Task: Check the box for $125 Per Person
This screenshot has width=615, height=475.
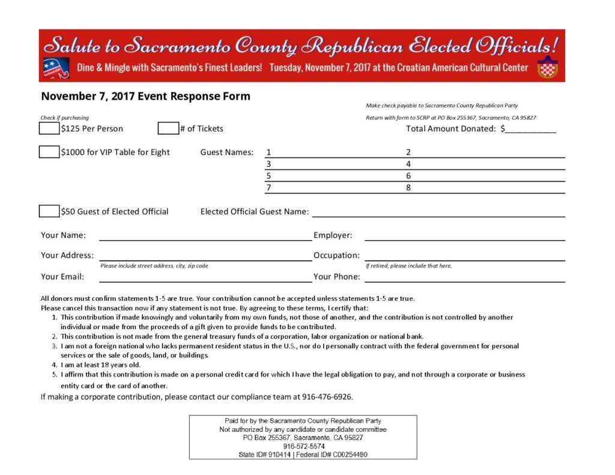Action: (49, 128)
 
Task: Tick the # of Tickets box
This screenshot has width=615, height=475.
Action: (168, 128)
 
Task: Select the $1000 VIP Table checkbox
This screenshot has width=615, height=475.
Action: (49, 152)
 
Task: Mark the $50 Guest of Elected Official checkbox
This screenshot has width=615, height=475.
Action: (49, 211)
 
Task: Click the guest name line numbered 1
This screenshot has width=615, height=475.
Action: (333, 153)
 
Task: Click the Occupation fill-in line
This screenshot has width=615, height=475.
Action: (464, 256)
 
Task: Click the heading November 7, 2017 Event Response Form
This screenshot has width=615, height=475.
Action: (145, 96)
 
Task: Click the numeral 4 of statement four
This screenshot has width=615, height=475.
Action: (54, 365)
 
